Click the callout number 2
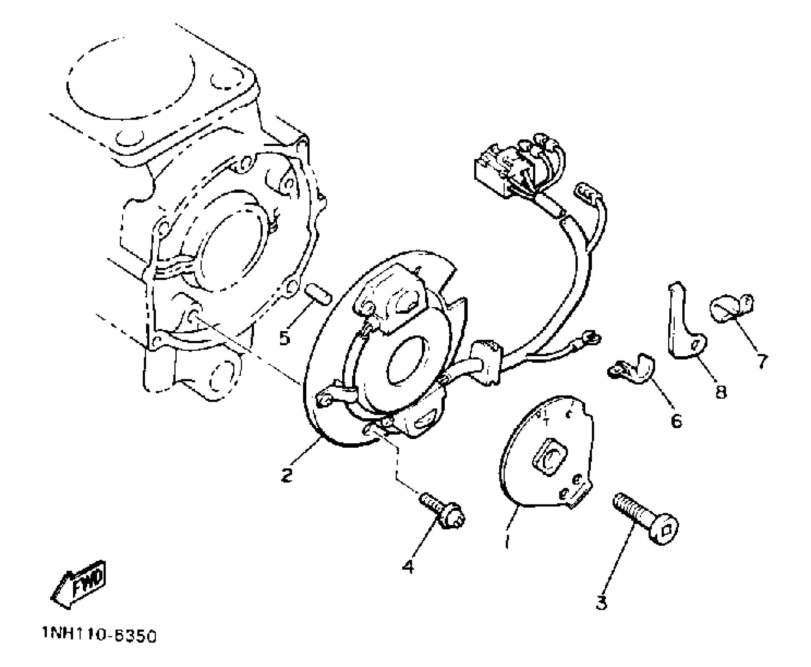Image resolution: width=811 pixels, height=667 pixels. click(287, 475)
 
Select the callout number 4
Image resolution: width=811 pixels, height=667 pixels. click(408, 567)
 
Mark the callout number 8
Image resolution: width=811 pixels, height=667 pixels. click(721, 391)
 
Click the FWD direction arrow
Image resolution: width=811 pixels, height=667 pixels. click(79, 584)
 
